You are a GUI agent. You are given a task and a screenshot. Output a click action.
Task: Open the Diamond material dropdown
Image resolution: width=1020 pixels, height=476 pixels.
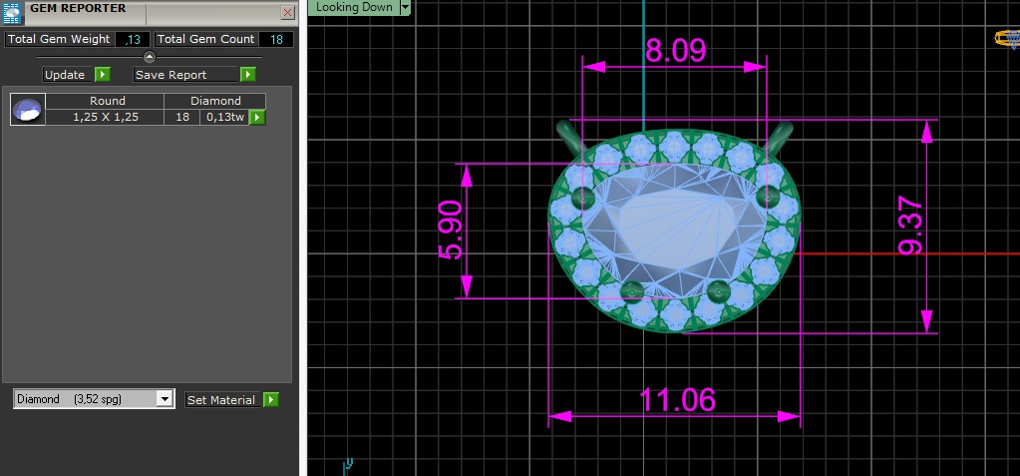(165, 399)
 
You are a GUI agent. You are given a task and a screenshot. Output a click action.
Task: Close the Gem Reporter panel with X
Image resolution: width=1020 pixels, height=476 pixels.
(287, 13)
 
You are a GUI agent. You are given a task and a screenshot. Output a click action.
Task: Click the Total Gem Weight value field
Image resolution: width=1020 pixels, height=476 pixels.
(132, 39)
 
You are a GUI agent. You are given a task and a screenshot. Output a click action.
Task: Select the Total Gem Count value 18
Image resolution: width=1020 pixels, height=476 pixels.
(276, 39)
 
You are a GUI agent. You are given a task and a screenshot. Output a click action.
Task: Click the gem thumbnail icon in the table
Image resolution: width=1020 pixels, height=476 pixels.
(28, 109)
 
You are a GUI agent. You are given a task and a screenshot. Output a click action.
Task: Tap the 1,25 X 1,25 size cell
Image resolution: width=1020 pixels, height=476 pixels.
(105, 117)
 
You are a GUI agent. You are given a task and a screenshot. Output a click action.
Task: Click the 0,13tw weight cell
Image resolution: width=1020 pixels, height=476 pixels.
(223, 117)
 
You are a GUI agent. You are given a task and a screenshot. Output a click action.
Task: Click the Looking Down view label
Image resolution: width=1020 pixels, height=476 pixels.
(353, 7)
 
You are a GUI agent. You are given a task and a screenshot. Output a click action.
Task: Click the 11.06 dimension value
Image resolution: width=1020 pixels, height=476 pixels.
(677, 399)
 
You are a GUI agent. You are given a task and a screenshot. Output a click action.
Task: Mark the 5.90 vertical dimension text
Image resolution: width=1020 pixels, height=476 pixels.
(451, 231)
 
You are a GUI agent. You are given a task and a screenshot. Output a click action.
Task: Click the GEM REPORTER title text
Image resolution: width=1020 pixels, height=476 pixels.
(78, 8)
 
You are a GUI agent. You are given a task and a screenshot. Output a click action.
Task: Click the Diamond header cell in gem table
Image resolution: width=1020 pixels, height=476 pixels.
(215, 101)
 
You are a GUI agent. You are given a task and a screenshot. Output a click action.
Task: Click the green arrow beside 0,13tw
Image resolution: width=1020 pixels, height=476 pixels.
(257, 118)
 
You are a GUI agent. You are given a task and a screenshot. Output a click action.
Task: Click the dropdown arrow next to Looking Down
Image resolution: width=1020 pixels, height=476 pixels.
(405, 7)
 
